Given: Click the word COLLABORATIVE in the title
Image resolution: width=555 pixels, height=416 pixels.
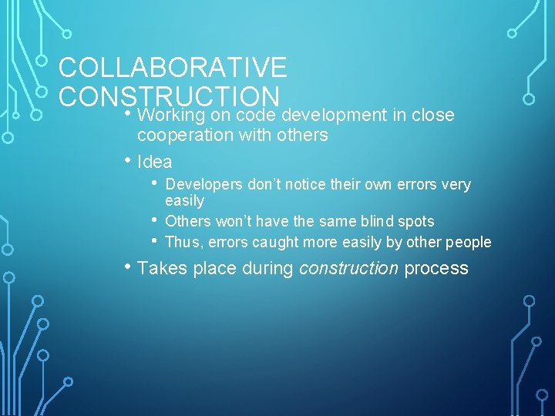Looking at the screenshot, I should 173,68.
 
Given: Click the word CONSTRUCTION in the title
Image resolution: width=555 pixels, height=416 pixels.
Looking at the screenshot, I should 169,96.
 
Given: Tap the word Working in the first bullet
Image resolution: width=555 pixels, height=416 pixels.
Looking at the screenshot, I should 173,116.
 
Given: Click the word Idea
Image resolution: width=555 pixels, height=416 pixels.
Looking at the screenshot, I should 154,163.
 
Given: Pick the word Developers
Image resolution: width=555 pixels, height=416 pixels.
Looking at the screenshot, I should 205,185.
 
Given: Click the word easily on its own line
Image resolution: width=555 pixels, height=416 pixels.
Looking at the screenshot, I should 185,201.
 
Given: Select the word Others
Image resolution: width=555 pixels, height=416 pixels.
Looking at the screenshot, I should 188,222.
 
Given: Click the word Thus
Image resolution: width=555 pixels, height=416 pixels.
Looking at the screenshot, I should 182,242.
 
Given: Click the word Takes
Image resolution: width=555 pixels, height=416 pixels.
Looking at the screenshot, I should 159,268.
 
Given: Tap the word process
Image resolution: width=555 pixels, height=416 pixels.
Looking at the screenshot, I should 436,268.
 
